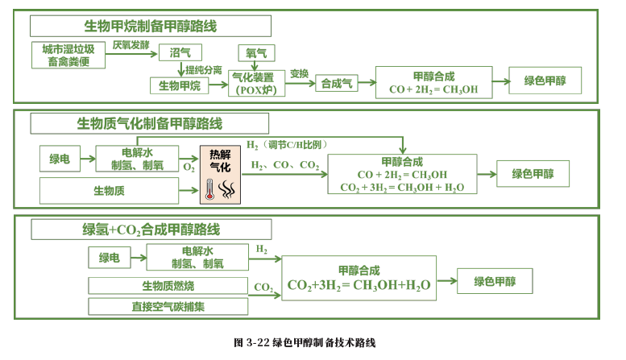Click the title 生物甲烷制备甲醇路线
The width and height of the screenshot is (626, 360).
150,26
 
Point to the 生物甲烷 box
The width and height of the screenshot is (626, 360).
179,85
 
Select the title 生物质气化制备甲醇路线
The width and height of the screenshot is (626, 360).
149,124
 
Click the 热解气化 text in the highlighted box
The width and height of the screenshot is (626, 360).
220,161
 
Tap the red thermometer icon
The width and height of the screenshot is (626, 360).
209,190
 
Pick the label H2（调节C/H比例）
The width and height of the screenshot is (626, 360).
288,144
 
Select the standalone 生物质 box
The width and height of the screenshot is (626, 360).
109,191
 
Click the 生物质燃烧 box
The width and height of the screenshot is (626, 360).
168,286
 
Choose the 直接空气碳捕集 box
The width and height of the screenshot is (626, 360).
168,306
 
